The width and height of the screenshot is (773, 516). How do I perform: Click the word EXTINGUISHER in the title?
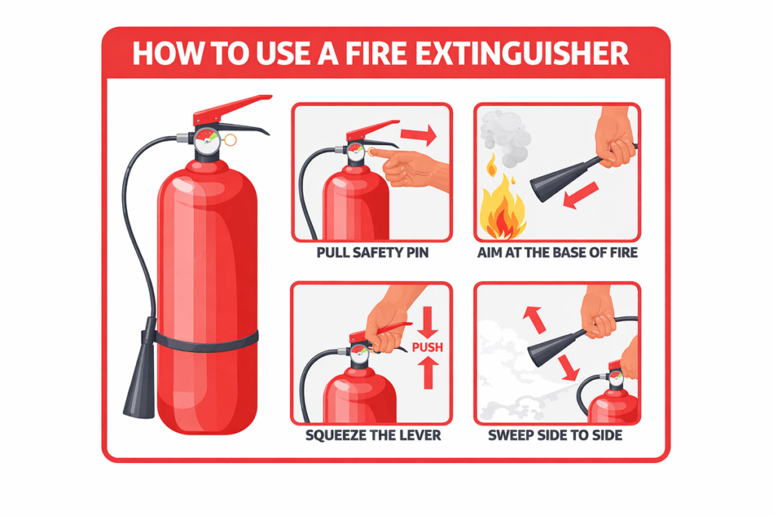pyautogui.click(x=522, y=54)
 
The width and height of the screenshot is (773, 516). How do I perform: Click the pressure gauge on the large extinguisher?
pyautogui.click(x=207, y=141)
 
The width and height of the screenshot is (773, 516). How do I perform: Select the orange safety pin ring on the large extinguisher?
pyautogui.click(x=229, y=140)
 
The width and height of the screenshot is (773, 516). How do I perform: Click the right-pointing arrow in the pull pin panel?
pyautogui.click(x=418, y=134)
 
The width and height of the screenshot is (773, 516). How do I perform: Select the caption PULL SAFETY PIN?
pyautogui.click(x=372, y=253)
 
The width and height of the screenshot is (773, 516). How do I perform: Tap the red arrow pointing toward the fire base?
pyautogui.click(x=581, y=196)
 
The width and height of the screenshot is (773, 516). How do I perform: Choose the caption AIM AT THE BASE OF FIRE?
pyautogui.click(x=557, y=253)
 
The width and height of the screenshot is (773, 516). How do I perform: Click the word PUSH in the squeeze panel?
pyautogui.click(x=427, y=348)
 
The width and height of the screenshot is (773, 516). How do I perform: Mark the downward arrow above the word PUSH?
pyautogui.click(x=427, y=322)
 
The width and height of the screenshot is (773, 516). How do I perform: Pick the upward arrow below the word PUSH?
pyautogui.click(x=428, y=373)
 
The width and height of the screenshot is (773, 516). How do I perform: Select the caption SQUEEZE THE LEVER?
pyautogui.click(x=373, y=436)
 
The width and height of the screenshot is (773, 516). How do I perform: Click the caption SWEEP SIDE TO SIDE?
pyautogui.click(x=555, y=436)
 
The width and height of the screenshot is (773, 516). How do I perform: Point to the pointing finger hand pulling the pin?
pyautogui.click(x=413, y=168)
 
